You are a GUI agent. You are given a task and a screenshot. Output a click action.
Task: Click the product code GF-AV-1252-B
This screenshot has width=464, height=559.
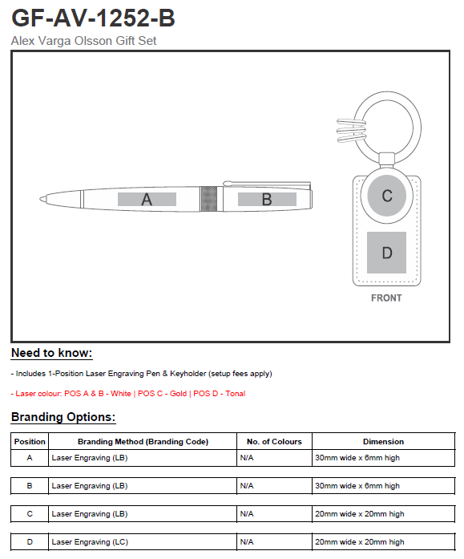[93, 18]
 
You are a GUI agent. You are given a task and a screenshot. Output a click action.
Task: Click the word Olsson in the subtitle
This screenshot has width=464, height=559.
[93, 41]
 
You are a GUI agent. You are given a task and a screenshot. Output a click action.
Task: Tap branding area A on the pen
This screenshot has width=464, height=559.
[147, 199]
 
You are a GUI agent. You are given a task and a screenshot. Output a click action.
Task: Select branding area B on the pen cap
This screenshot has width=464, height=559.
[267, 199]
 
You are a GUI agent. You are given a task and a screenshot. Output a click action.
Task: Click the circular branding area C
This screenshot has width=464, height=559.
[387, 196]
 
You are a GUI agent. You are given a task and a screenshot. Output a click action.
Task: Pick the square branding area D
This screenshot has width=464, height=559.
[387, 253]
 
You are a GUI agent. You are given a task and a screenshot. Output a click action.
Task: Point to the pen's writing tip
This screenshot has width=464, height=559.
[42, 199]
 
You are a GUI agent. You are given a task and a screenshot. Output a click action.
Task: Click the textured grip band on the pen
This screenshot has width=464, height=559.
[208, 199]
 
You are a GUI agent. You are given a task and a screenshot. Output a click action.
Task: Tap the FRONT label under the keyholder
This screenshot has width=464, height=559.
[386, 298]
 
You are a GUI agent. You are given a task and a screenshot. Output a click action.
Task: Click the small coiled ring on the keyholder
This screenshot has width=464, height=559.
[352, 130]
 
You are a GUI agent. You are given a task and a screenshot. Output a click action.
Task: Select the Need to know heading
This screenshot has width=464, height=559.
[52, 353]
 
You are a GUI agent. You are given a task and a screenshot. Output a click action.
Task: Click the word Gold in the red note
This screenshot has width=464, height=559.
[178, 394]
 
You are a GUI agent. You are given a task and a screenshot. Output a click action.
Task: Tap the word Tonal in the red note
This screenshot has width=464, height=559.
[236, 394]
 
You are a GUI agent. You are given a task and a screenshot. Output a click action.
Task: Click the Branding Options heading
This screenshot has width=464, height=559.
[63, 417]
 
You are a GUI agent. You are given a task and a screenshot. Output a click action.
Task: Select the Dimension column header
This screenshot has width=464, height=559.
[384, 442]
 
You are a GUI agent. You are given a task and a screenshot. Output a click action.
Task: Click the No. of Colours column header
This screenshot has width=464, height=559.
[274, 442]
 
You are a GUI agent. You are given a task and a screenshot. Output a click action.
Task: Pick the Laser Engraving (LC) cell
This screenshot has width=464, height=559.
[90, 542]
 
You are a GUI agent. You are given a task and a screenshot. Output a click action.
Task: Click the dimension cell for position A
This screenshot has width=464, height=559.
[357, 458]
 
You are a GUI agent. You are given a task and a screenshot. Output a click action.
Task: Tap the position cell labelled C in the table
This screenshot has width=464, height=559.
[30, 514]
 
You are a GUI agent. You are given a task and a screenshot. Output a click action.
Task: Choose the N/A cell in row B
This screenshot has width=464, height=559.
[247, 485]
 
